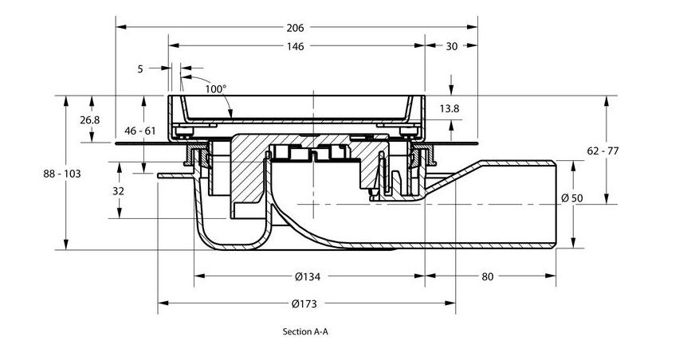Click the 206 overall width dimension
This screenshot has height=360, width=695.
coord(295,27)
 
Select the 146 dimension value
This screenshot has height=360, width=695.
coord(295,47)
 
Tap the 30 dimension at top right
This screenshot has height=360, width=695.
coord(451,47)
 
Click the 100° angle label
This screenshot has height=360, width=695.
coord(215,89)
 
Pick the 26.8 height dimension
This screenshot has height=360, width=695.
coord(89,119)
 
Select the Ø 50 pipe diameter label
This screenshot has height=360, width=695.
coord(593,198)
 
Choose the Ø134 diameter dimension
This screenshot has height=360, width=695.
coord(308,276)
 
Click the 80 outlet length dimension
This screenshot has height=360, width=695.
coord(488,276)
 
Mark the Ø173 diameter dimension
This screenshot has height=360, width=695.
coord(306,303)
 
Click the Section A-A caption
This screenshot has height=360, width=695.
coord(305,331)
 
